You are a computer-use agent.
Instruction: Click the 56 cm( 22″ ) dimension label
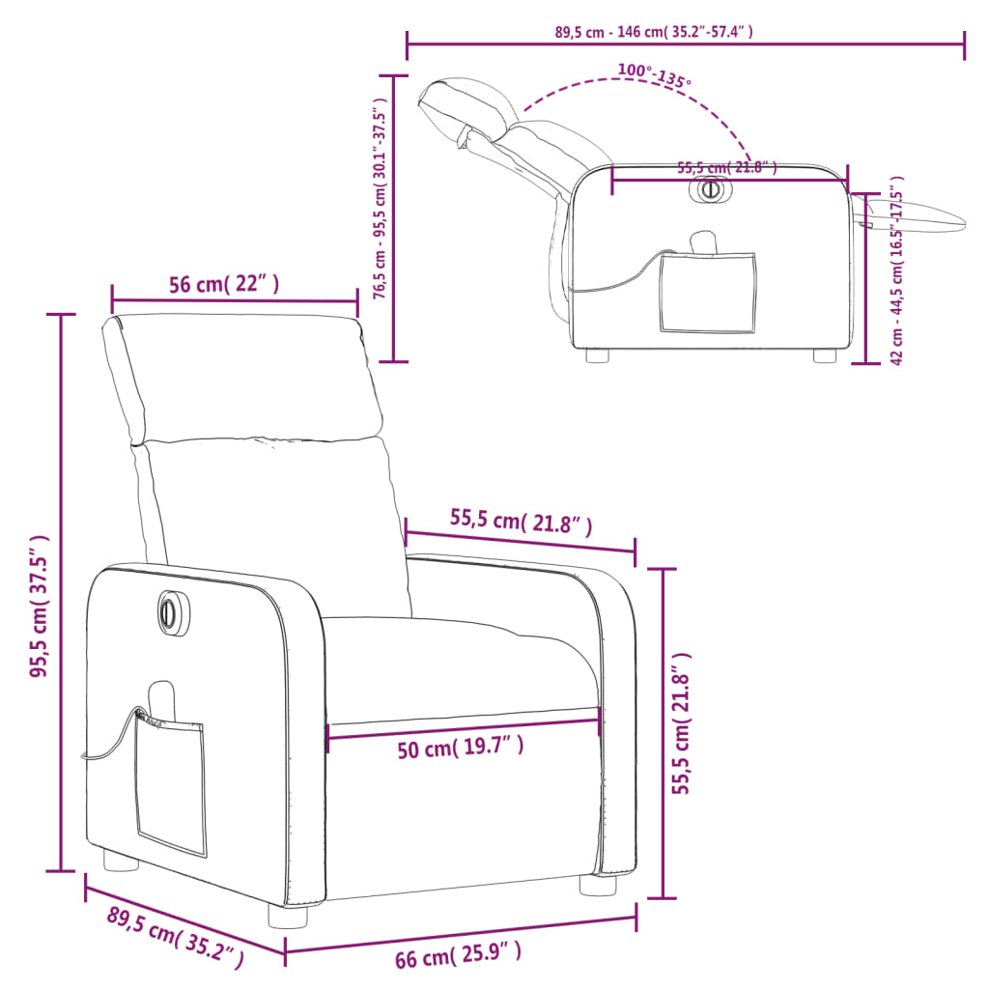coord(224,285)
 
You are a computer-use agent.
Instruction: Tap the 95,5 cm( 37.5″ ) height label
coord(40,606)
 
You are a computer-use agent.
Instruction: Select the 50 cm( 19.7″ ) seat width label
coord(461,748)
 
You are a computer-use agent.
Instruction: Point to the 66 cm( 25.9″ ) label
coord(459,954)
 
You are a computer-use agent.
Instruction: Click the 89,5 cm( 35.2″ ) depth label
coord(176,937)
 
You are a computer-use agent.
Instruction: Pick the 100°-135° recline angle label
coord(654,75)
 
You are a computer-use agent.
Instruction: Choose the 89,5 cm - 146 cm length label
coord(654,32)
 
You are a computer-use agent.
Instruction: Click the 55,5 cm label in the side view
coord(726,168)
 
